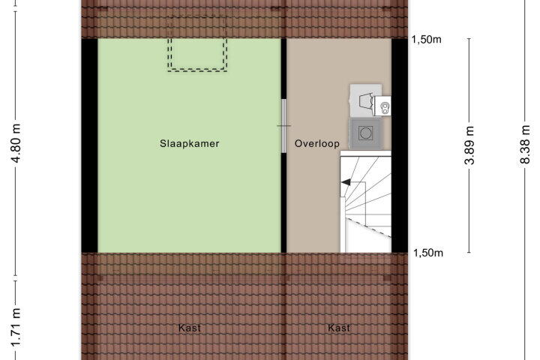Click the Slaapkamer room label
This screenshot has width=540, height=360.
[190, 143]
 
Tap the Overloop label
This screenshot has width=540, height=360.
[316, 143]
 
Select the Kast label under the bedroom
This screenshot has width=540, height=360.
[190, 328]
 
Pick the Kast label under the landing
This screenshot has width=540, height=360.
[339, 328]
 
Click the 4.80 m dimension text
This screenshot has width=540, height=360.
[16, 142]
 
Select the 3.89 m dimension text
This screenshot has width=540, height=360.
[469, 145]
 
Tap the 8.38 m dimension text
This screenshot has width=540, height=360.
[525, 145]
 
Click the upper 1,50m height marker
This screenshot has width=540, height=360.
[426, 40]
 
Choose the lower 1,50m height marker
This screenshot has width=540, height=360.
[428, 253]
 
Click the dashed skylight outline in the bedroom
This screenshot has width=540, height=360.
[197, 70]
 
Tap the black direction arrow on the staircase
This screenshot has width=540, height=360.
[346, 182]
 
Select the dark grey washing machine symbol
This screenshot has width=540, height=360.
[366, 133]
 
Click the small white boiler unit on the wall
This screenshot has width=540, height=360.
[382, 106]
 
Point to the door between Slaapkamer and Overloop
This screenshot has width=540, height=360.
[283, 126]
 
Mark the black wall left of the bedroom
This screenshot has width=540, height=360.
[89, 145]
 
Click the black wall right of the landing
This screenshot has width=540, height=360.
[400, 145]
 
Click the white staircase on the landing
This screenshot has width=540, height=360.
[366, 202]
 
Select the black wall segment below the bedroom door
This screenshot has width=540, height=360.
[283, 202]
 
